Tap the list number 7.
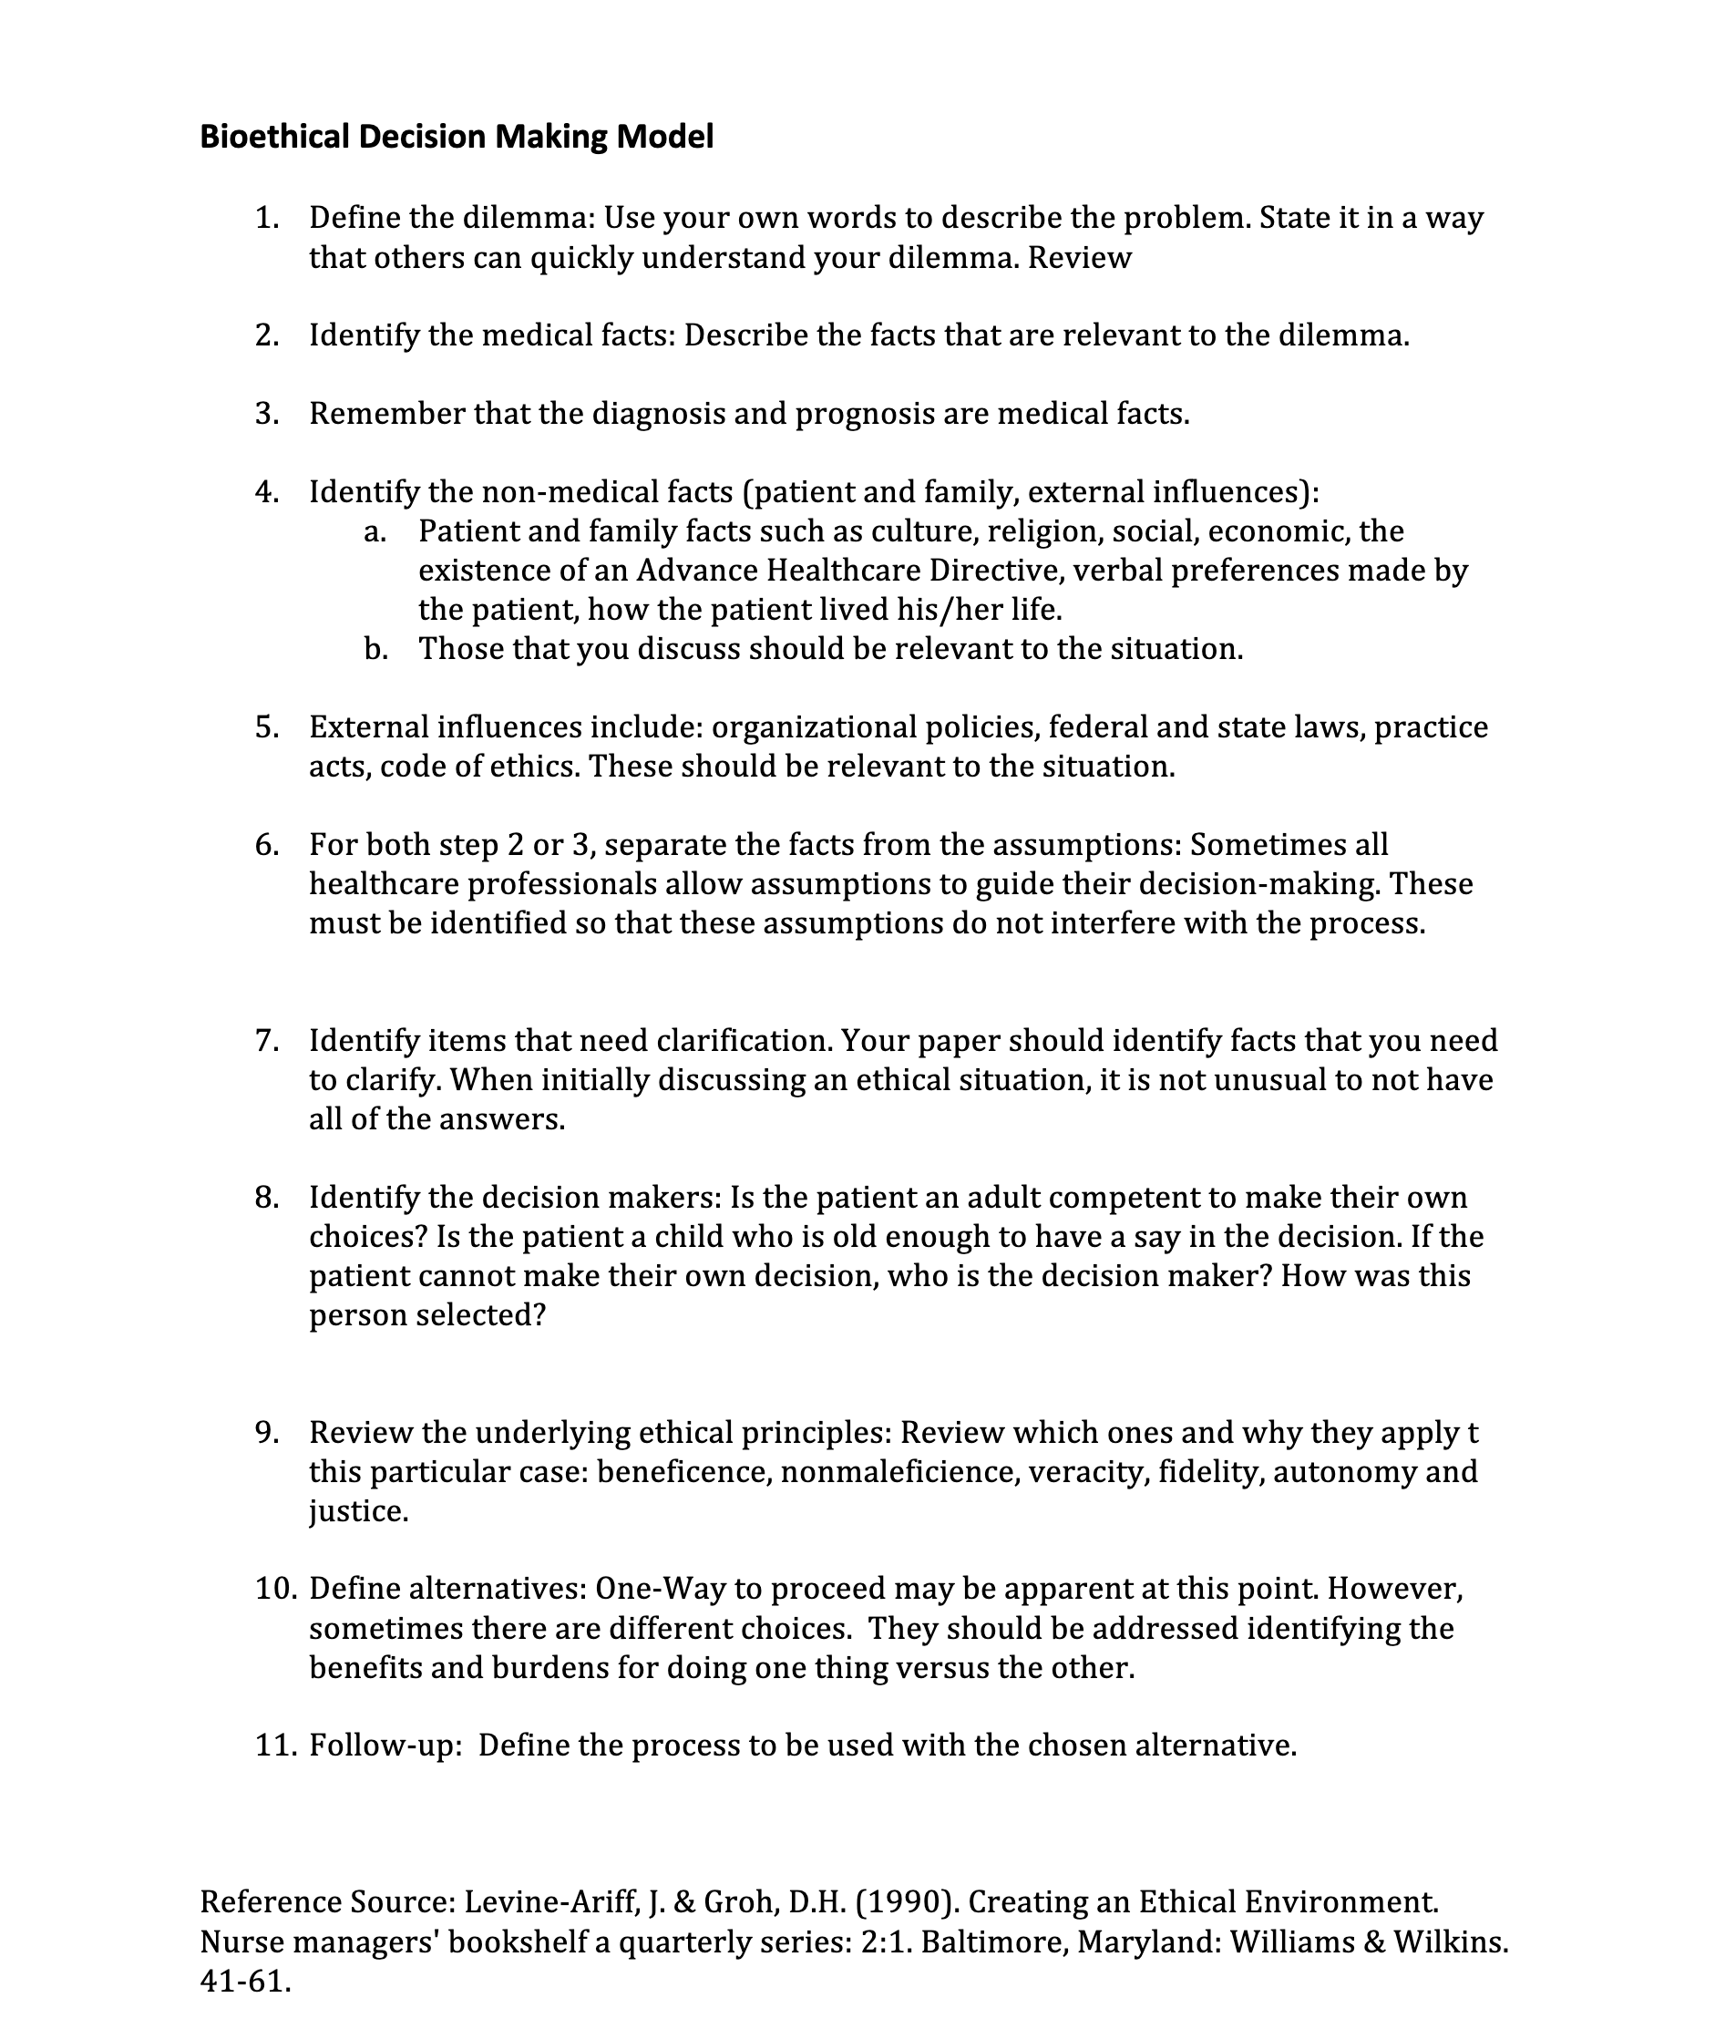point(266,1041)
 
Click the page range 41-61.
point(245,1981)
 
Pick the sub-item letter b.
point(375,648)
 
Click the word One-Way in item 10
point(658,1590)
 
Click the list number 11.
point(275,1746)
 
